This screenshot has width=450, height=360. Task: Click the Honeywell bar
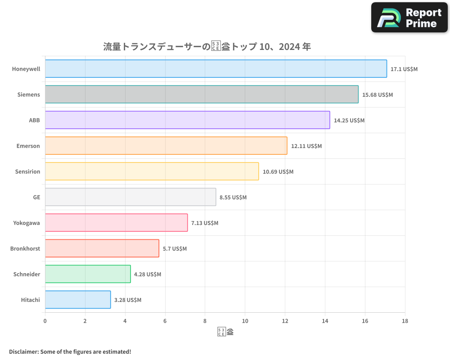(x=216, y=69)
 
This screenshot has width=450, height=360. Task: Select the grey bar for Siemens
(x=202, y=94)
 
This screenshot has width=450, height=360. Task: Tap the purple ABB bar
(x=187, y=120)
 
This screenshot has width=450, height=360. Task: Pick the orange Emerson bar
(x=166, y=146)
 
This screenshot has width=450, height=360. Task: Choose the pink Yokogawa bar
(x=116, y=223)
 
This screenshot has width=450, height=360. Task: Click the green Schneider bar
(x=88, y=274)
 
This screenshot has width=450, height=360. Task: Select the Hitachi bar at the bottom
(x=78, y=300)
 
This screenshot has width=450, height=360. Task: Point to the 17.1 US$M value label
(x=404, y=69)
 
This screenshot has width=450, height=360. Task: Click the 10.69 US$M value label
(x=278, y=171)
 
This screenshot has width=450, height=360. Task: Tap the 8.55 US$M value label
(x=233, y=197)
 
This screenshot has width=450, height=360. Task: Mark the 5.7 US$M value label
(x=175, y=248)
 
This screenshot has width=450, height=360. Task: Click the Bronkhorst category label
(x=25, y=248)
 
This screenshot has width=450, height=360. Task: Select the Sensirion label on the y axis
(x=27, y=171)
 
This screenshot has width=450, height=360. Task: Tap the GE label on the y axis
(x=36, y=197)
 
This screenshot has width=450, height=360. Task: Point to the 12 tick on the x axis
(x=285, y=321)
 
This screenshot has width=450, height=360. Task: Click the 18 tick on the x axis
(x=405, y=321)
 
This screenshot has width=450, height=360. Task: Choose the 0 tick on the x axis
(x=45, y=321)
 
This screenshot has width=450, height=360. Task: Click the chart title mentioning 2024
(x=207, y=46)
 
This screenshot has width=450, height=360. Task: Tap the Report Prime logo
(x=409, y=18)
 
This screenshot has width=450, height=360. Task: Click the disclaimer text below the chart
(x=70, y=351)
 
